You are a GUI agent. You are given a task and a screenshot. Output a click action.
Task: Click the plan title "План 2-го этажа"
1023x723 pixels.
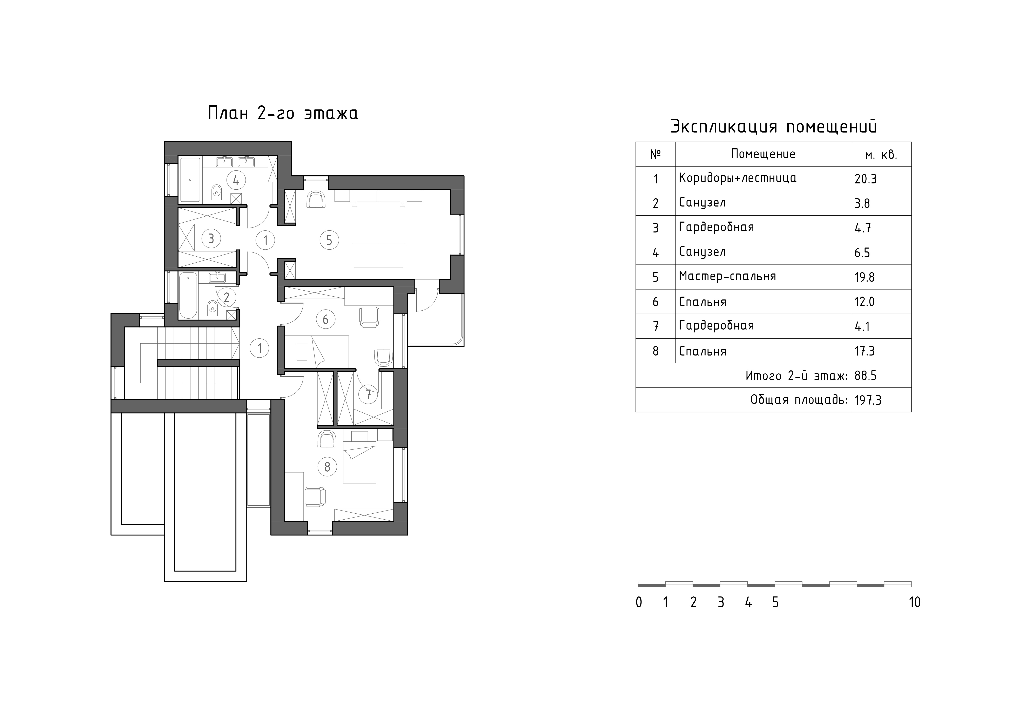(283, 113)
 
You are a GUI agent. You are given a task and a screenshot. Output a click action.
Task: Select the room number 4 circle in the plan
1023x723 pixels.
(236, 180)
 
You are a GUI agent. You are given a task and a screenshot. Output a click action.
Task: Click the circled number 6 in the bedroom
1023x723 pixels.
(326, 319)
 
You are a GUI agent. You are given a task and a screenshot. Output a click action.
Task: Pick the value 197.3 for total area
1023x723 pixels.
(868, 400)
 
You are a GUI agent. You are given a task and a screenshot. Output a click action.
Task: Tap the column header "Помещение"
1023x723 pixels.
(763, 154)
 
